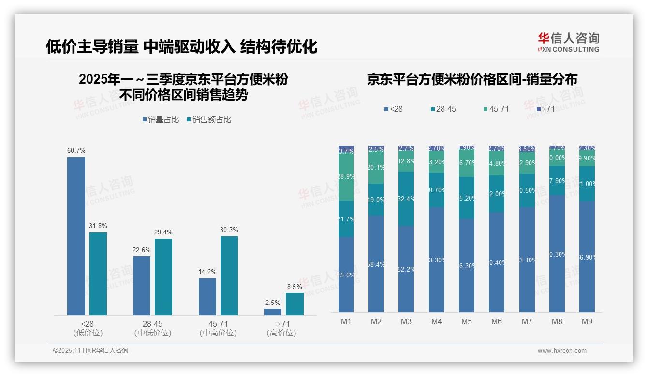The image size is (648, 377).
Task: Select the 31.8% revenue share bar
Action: tap(98, 274)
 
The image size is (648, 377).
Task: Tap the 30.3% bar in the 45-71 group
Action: tap(229, 275)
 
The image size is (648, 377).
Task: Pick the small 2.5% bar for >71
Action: tap(273, 312)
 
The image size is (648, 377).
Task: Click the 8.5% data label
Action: tap(295, 287)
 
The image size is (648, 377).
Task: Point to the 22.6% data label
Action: tap(141, 250)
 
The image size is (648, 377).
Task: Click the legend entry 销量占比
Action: tap(160, 120)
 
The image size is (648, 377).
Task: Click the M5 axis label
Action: tap(466, 321)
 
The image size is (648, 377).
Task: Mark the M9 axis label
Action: tap(587, 321)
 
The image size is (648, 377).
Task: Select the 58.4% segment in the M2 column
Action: tap(376, 263)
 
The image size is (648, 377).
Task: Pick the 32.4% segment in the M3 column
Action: tap(406, 199)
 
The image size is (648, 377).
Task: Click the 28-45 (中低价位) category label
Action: tap(153, 328)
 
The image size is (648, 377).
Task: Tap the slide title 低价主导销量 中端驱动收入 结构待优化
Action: tap(182, 46)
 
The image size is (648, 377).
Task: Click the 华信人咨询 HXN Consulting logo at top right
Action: tap(568, 42)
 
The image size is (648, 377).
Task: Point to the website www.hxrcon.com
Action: tap(561, 351)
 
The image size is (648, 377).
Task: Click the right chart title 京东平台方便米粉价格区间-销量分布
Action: tap(472, 80)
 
